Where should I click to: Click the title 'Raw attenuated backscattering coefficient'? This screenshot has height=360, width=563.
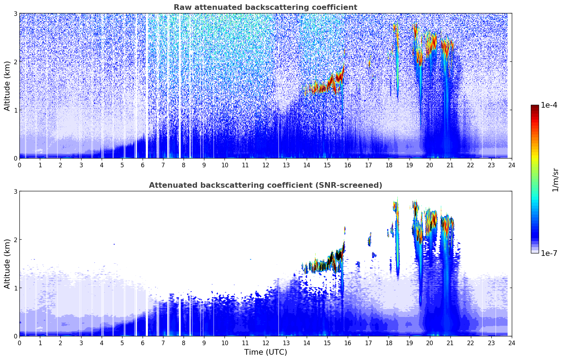coord(265,7)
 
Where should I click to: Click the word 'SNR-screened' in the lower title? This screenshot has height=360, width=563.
coord(353,185)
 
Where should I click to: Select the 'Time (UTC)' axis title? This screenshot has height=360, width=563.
coord(265,352)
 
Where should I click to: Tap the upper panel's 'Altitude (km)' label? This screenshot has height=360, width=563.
coord(7,86)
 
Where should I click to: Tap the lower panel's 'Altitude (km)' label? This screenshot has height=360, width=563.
coord(7,264)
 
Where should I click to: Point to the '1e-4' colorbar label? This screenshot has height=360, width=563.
coord(549,105)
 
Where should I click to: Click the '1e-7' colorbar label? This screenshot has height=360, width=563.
coord(549,253)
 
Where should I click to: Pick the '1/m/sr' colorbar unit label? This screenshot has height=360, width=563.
coord(555,180)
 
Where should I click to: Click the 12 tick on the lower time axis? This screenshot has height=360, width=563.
coord(265,343)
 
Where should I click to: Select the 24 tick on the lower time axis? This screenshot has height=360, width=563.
coord(511,343)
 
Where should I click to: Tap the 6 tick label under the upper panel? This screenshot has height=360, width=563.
coord(143,165)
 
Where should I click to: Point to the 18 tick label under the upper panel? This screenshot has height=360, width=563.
coord(389,165)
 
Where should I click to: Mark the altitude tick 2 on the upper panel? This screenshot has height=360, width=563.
coord(16,62)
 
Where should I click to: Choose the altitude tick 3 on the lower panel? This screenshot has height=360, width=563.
coord(16,191)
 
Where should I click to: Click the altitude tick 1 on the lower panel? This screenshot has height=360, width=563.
coord(16,288)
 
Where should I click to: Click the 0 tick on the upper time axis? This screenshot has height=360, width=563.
coord(19,165)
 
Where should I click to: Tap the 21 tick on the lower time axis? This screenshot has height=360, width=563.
coord(450,343)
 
